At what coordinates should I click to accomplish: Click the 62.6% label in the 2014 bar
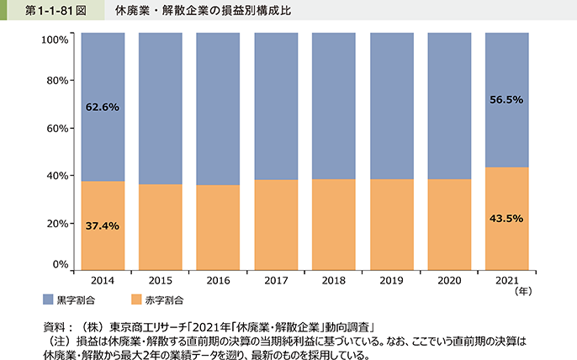[x=103, y=107]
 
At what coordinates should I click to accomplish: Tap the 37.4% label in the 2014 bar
[x=103, y=225]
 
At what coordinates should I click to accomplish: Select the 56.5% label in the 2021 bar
[x=506, y=99]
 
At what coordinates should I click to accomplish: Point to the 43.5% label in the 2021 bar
[x=506, y=218]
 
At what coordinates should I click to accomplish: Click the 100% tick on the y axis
[x=53, y=40]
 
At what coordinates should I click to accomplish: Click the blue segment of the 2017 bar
[x=275, y=105]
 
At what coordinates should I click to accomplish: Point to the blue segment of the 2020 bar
[x=448, y=105]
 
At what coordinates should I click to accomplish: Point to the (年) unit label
[x=523, y=292]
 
